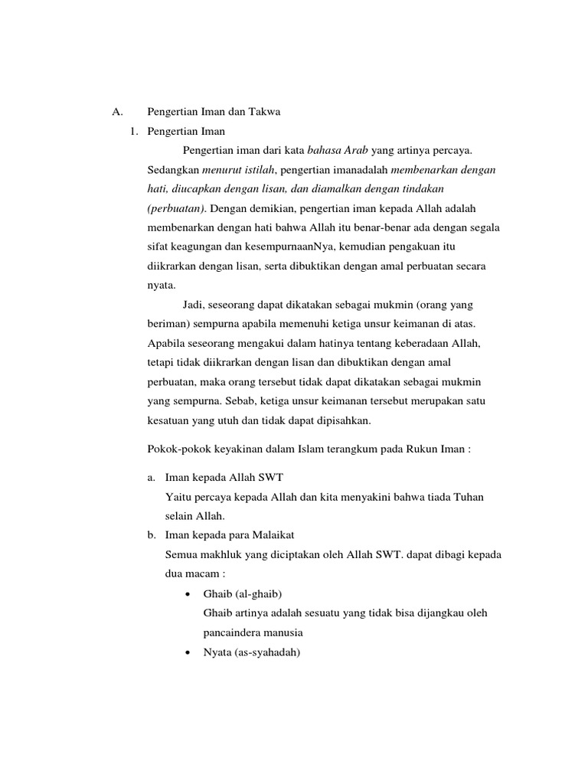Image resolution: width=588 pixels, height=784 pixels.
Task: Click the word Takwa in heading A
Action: pos(265,112)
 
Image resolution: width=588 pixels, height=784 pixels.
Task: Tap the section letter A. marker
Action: pos(117,112)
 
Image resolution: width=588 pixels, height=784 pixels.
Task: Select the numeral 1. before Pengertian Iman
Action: pos(134,132)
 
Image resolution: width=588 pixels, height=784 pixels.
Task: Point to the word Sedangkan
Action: pos(173,170)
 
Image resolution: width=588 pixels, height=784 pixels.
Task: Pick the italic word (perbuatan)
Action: pos(175,208)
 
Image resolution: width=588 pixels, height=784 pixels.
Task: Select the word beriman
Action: pos(166,323)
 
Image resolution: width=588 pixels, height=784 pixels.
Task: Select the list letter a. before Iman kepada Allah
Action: pos(152,478)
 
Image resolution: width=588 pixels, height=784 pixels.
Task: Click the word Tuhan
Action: pos(468,497)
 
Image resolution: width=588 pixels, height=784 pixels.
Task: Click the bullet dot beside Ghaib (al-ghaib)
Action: pos(188,593)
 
